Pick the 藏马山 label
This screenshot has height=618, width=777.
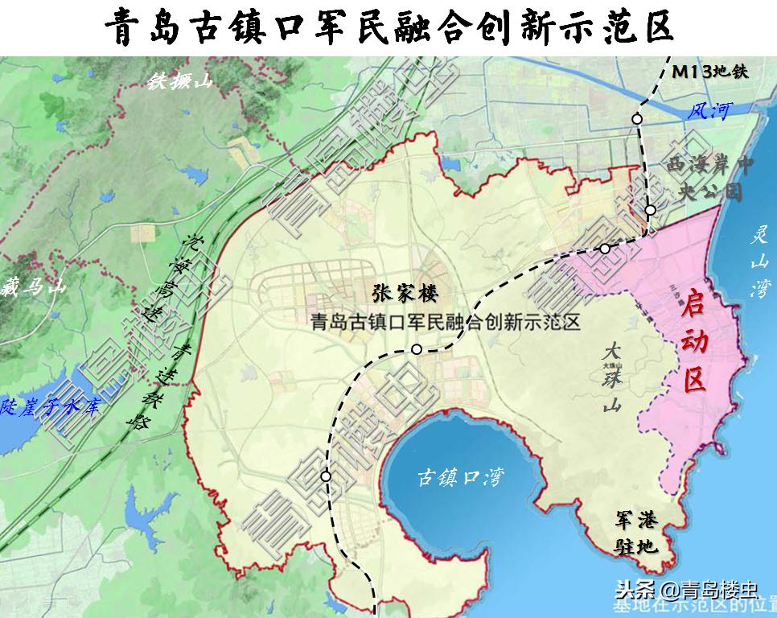point(33,286)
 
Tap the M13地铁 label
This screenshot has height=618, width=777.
point(711,71)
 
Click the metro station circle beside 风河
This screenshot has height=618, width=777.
point(637,119)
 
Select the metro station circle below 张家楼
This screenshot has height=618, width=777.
point(417,348)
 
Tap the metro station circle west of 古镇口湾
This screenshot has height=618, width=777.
point(326,476)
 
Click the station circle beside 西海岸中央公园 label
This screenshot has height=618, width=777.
point(651,210)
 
